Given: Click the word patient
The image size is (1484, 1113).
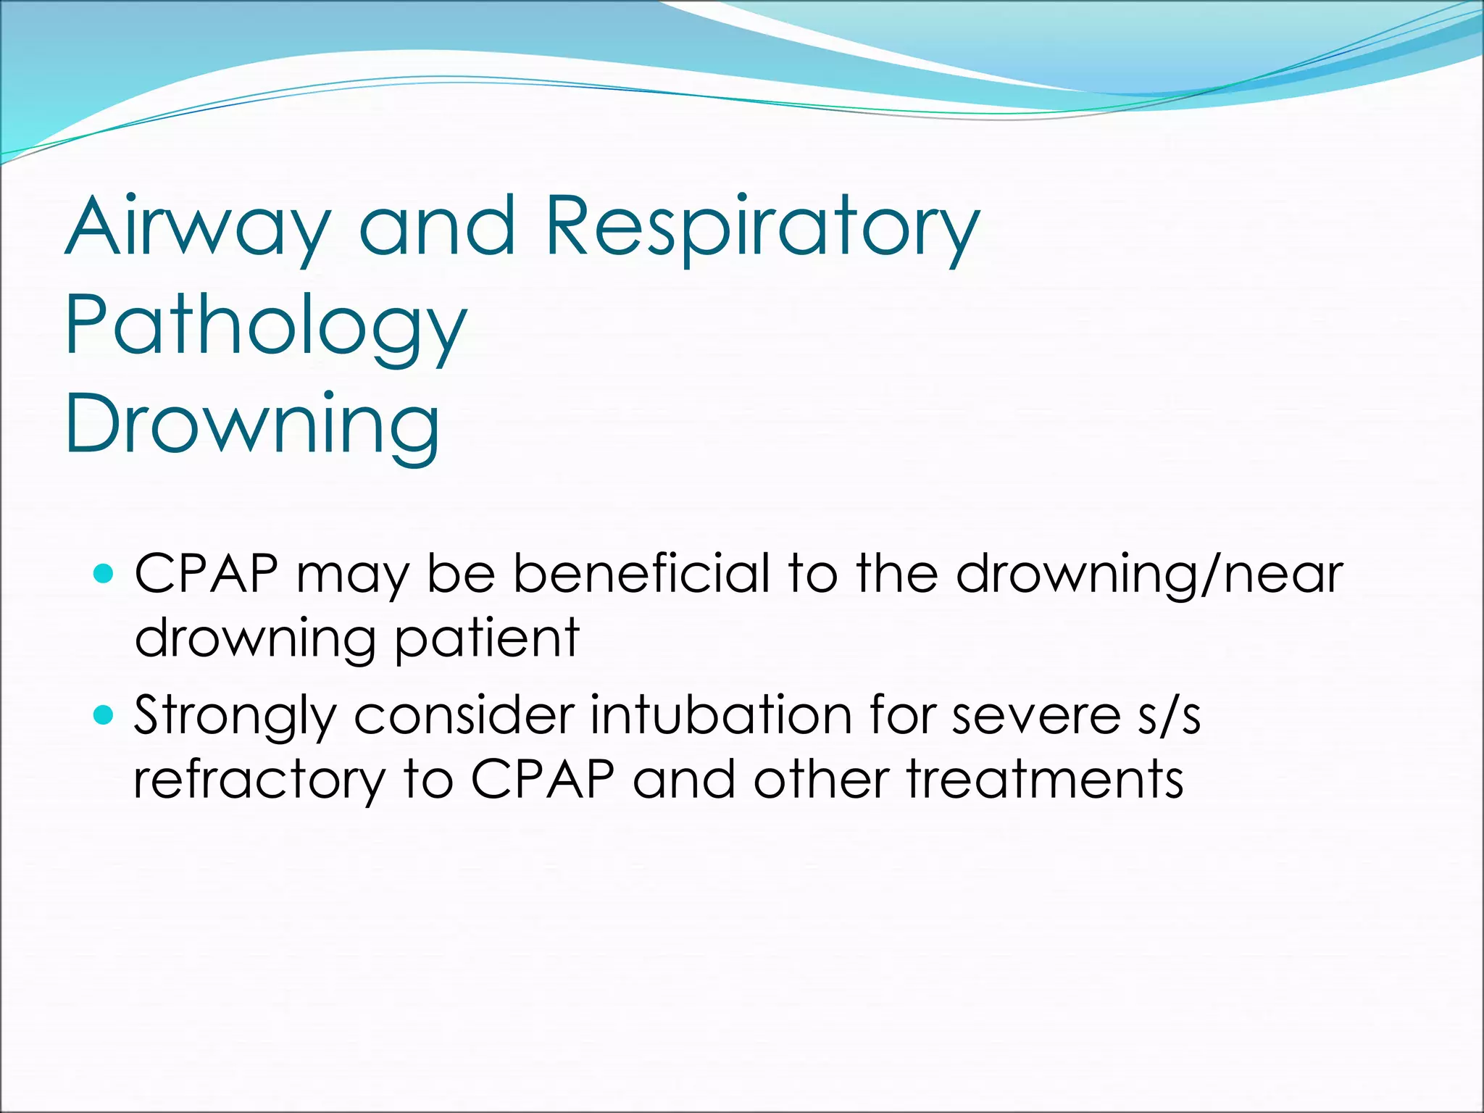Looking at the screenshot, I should [488, 638].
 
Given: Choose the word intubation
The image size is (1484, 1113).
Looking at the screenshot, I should [721, 714].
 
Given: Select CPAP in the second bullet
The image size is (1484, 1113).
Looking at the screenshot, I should [543, 780].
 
